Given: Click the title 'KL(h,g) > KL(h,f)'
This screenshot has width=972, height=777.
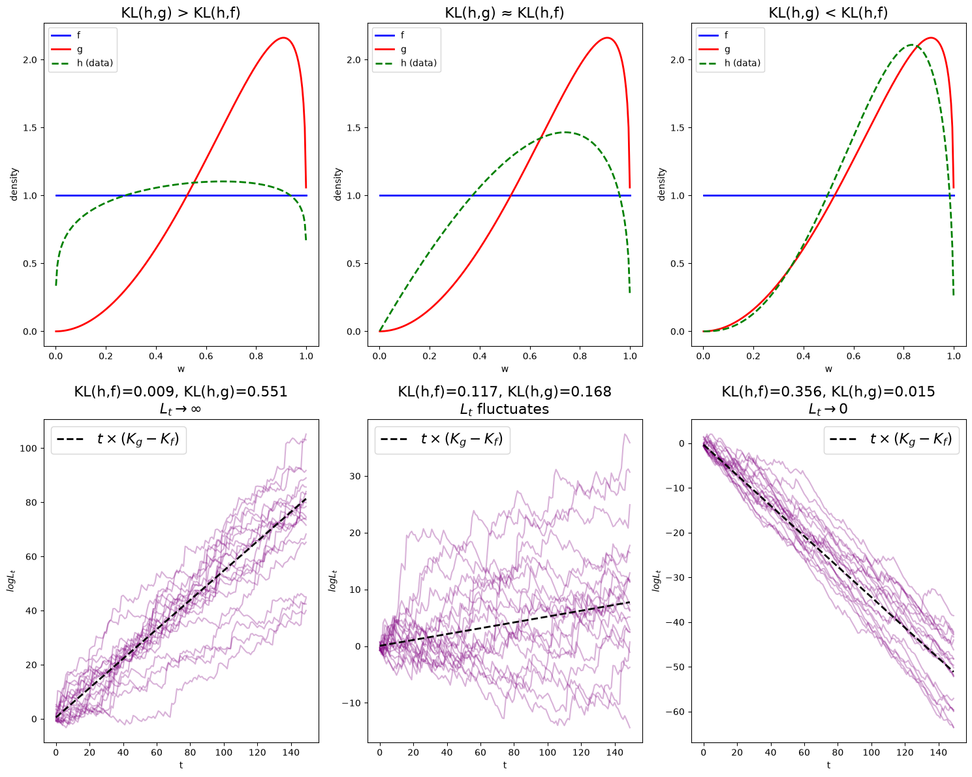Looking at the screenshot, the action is pos(181,12).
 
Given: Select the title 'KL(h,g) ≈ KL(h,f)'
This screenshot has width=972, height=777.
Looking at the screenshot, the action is pos(504,12).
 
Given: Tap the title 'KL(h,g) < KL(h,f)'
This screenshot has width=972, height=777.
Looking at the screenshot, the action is pos(828,12).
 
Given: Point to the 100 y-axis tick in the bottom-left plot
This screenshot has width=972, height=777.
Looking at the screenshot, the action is pos(28,448).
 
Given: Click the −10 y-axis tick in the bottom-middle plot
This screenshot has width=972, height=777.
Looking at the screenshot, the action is pos(351,703).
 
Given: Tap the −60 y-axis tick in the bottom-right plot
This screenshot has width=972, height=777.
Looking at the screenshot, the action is pos(675,712).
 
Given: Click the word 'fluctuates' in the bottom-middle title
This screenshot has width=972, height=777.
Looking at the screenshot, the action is pos(512,409).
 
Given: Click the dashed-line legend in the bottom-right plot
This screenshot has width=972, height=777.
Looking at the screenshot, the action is pos(891,439).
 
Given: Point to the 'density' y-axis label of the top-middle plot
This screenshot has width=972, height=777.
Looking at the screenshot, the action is pos(338,184).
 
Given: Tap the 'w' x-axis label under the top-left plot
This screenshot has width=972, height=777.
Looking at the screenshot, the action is pos(181,369).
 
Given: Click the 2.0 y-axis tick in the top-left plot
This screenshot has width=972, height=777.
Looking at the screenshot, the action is pos(30,59).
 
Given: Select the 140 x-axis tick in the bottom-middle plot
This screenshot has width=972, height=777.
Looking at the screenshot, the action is pos(614,752).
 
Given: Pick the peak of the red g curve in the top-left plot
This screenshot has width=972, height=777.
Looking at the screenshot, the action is pos(283,38).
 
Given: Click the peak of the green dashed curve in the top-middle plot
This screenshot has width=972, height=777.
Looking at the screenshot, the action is pos(565,133).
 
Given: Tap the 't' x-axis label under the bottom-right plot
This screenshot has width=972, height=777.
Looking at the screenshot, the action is pos(828,765).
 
